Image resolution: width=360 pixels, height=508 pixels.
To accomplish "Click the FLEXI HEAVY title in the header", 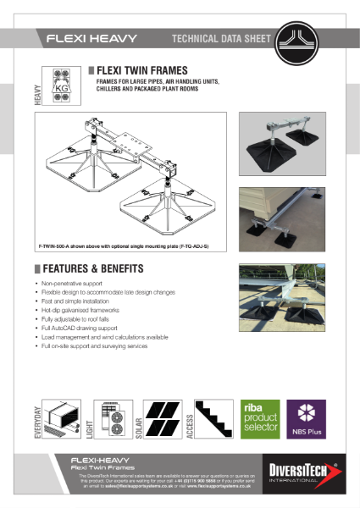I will coord(88,39).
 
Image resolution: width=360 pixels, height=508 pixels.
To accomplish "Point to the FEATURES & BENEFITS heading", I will coord(94,268).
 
